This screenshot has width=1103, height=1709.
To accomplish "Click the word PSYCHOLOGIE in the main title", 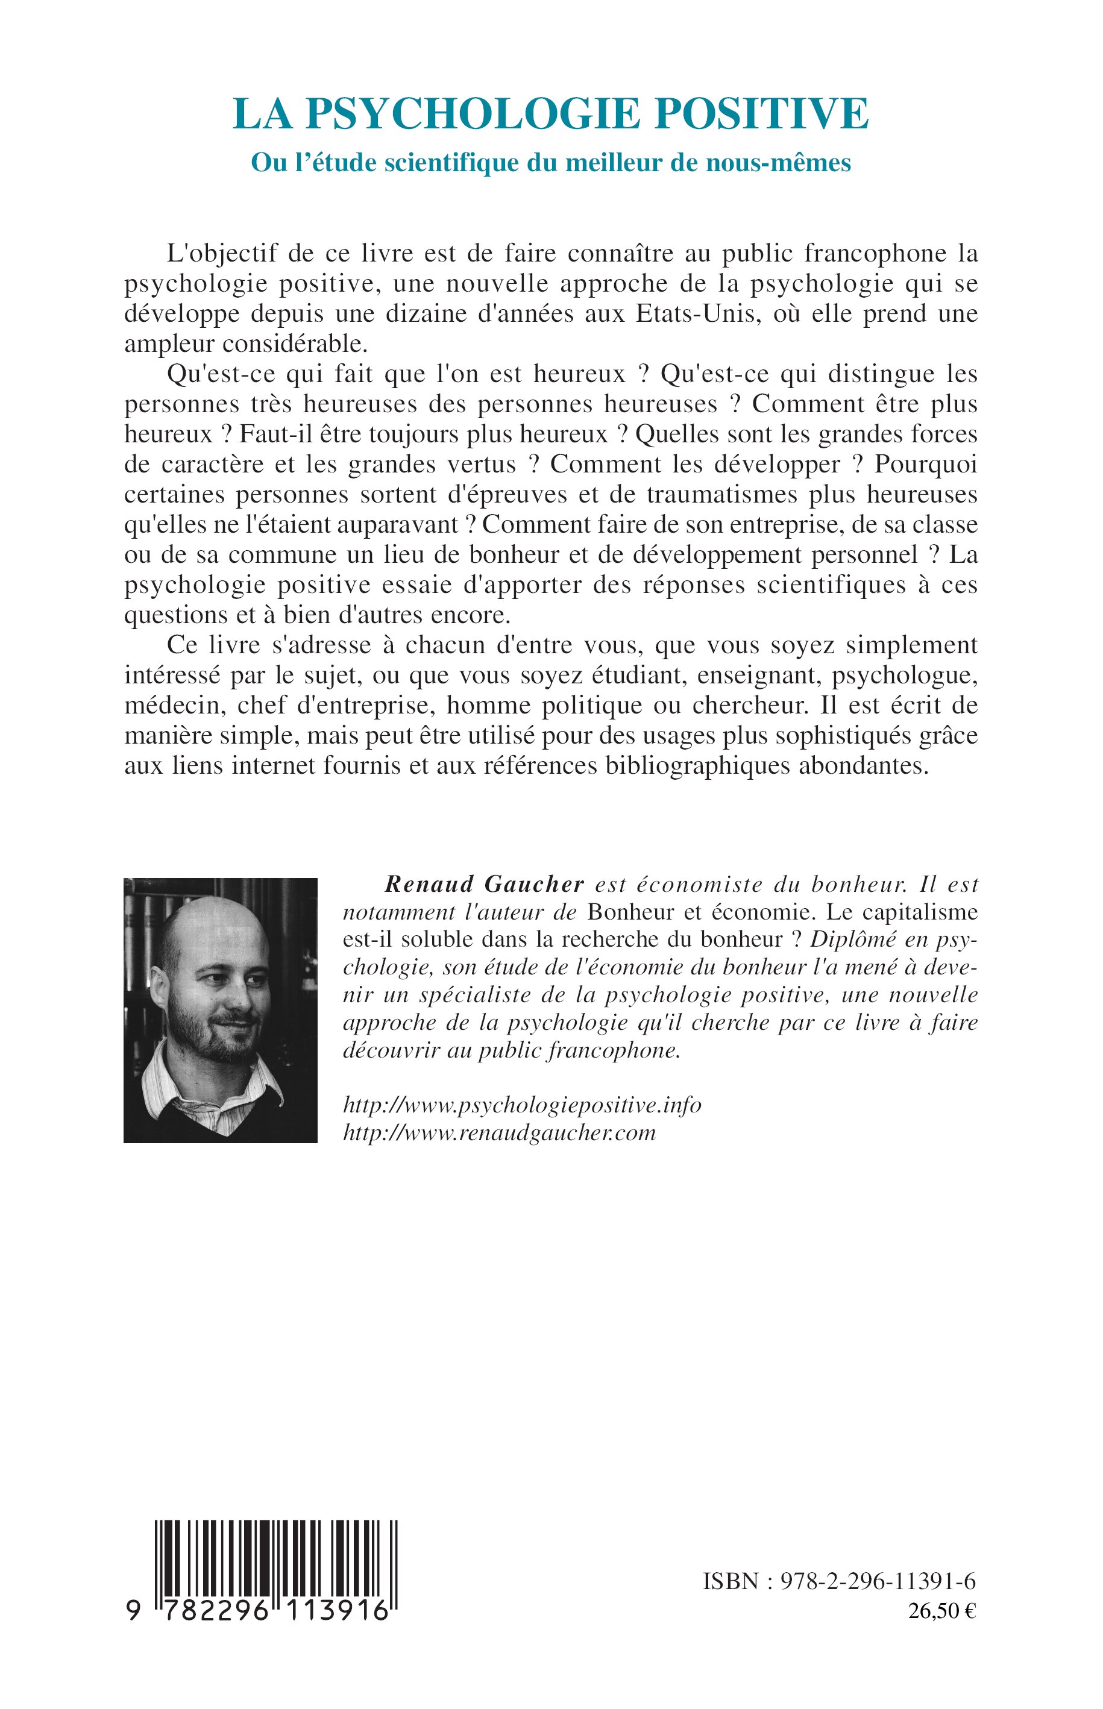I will [473, 113].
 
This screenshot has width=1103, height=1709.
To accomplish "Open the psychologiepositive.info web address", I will [522, 1105].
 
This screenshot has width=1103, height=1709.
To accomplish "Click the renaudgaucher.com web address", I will [499, 1133].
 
